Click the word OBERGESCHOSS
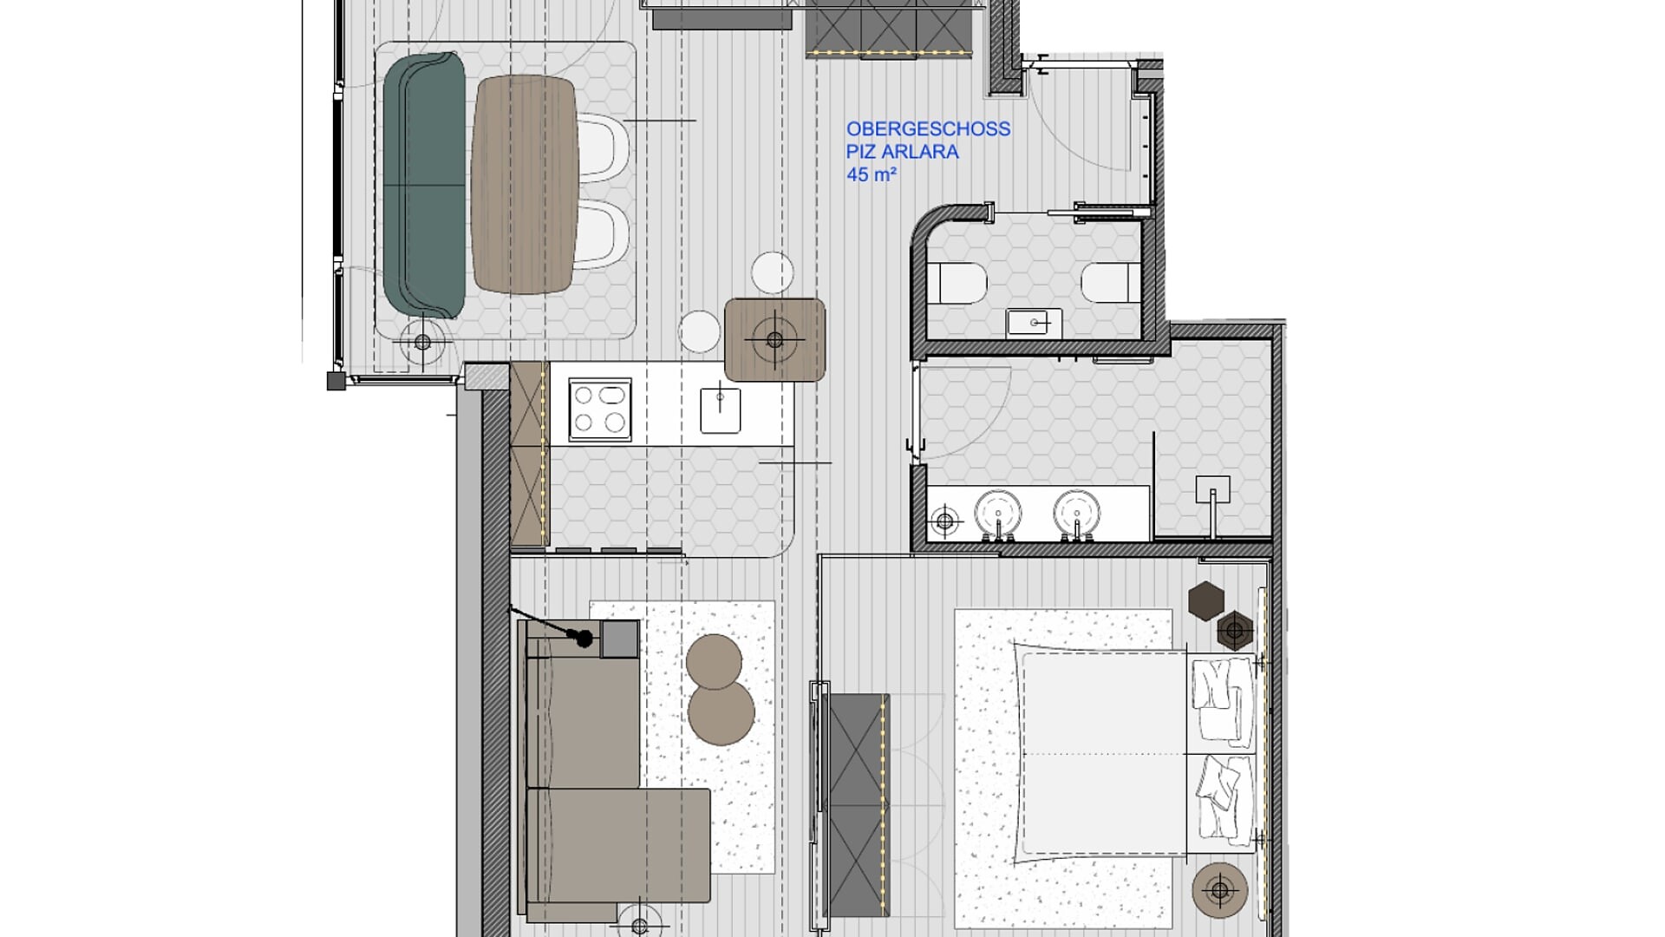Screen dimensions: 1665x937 point(928,128)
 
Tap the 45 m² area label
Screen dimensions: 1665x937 point(872,174)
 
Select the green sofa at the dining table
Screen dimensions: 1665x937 point(423,186)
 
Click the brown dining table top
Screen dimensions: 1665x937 point(526,184)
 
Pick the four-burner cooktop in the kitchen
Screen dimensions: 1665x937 point(600,410)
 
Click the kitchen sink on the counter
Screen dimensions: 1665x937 point(721,410)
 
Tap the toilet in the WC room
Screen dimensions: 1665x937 point(957,283)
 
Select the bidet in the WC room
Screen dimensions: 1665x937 point(1111,283)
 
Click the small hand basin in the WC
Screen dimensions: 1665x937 point(1034,324)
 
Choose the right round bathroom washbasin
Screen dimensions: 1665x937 point(1077,513)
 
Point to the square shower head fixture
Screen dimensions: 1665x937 point(1212,490)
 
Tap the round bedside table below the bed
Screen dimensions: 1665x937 point(1220,889)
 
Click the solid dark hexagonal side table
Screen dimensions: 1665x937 point(1205,600)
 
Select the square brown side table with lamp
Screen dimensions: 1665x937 point(774,339)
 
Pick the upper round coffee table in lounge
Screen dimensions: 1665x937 point(714,661)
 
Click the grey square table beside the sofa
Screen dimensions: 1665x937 point(620,639)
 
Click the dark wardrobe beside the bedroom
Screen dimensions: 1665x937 point(859,805)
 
